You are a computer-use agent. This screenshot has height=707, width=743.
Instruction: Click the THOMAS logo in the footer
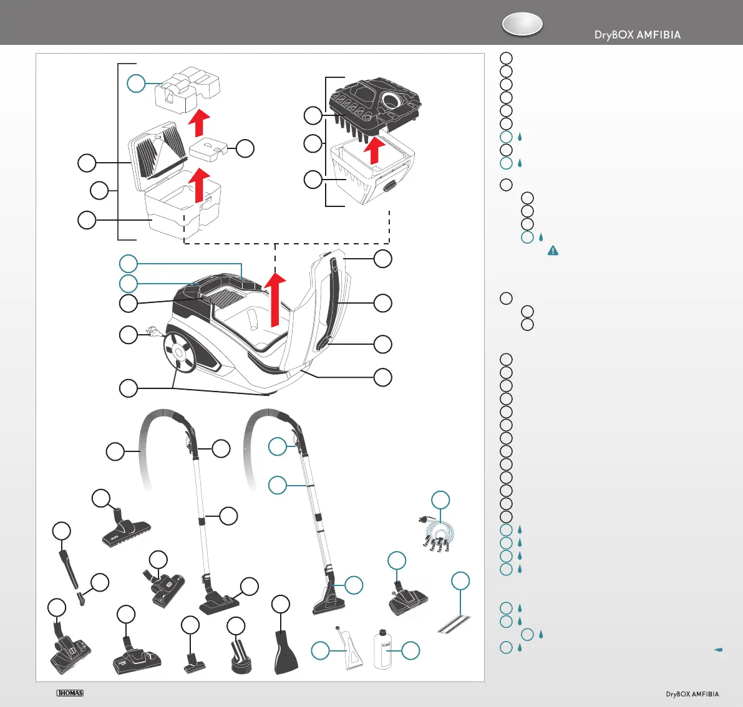click(x=70, y=693)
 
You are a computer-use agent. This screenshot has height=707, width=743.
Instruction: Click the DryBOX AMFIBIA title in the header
click(x=637, y=35)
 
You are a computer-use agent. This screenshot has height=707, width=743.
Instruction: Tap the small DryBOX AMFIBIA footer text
click(x=692, y=694)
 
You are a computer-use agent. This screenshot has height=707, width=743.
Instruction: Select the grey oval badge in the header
click(x=522, y=24)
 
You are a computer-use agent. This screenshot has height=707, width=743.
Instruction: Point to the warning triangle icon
click(x=553, y=251)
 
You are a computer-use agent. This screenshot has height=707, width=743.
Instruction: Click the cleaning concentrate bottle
click(x=382, y=649)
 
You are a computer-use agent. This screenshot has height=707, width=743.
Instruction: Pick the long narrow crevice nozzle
click(x=70, y=568)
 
